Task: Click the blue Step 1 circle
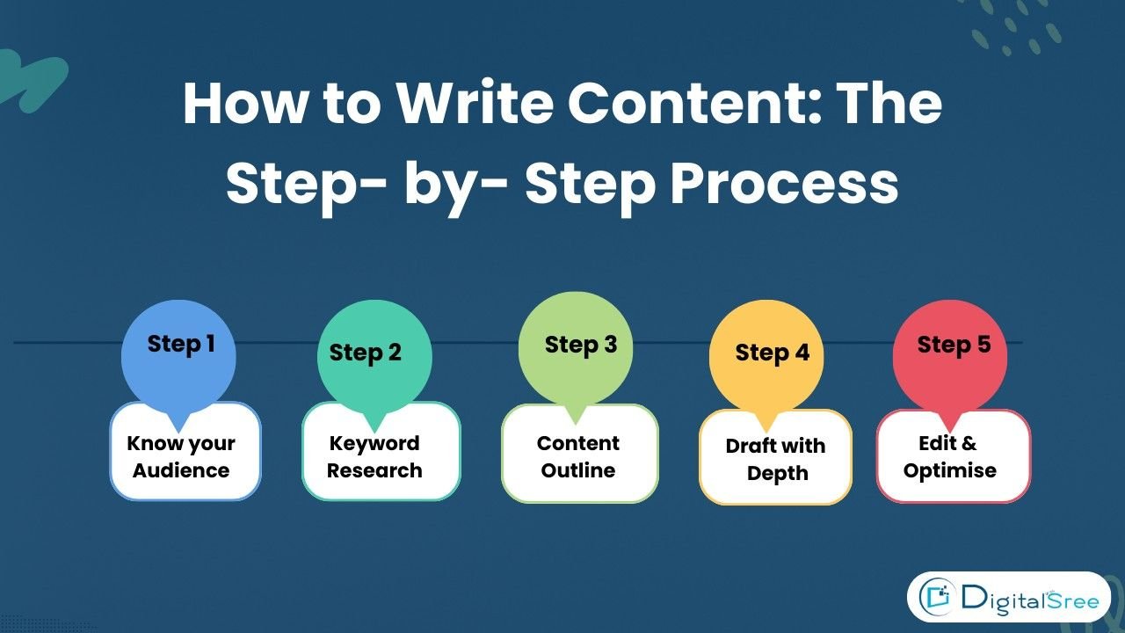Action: pos(178,356)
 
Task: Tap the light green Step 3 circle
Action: pos(576,349)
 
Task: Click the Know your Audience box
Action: pos(185,457)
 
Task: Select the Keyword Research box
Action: pos(381,457)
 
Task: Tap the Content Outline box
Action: pos(579,457)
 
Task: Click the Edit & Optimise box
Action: pos(953,457)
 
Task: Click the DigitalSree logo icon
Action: pos(937,599)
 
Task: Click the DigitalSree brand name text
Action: pos(1028,599)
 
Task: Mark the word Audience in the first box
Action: pos(181,470)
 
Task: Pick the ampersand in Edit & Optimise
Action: pos(969,444)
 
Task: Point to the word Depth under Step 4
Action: pos(777,473)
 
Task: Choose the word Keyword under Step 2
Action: pos(374,444)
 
